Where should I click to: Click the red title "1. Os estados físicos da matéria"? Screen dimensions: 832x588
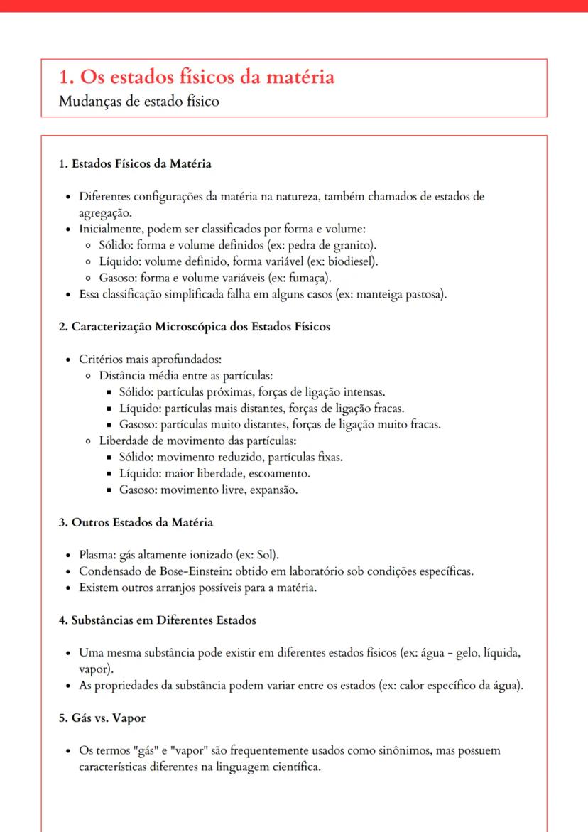click(197, 77)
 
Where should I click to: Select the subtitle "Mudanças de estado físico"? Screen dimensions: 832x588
click(139, 101)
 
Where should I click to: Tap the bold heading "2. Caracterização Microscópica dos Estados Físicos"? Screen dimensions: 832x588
click(194, 327)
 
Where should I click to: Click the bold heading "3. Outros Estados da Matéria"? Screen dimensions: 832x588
click(136, 522)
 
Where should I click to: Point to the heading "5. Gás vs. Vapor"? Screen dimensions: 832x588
click(102, 718)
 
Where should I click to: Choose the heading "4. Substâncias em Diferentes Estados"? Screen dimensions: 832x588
click(157, 620)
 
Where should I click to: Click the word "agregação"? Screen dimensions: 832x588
click(104, 212)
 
